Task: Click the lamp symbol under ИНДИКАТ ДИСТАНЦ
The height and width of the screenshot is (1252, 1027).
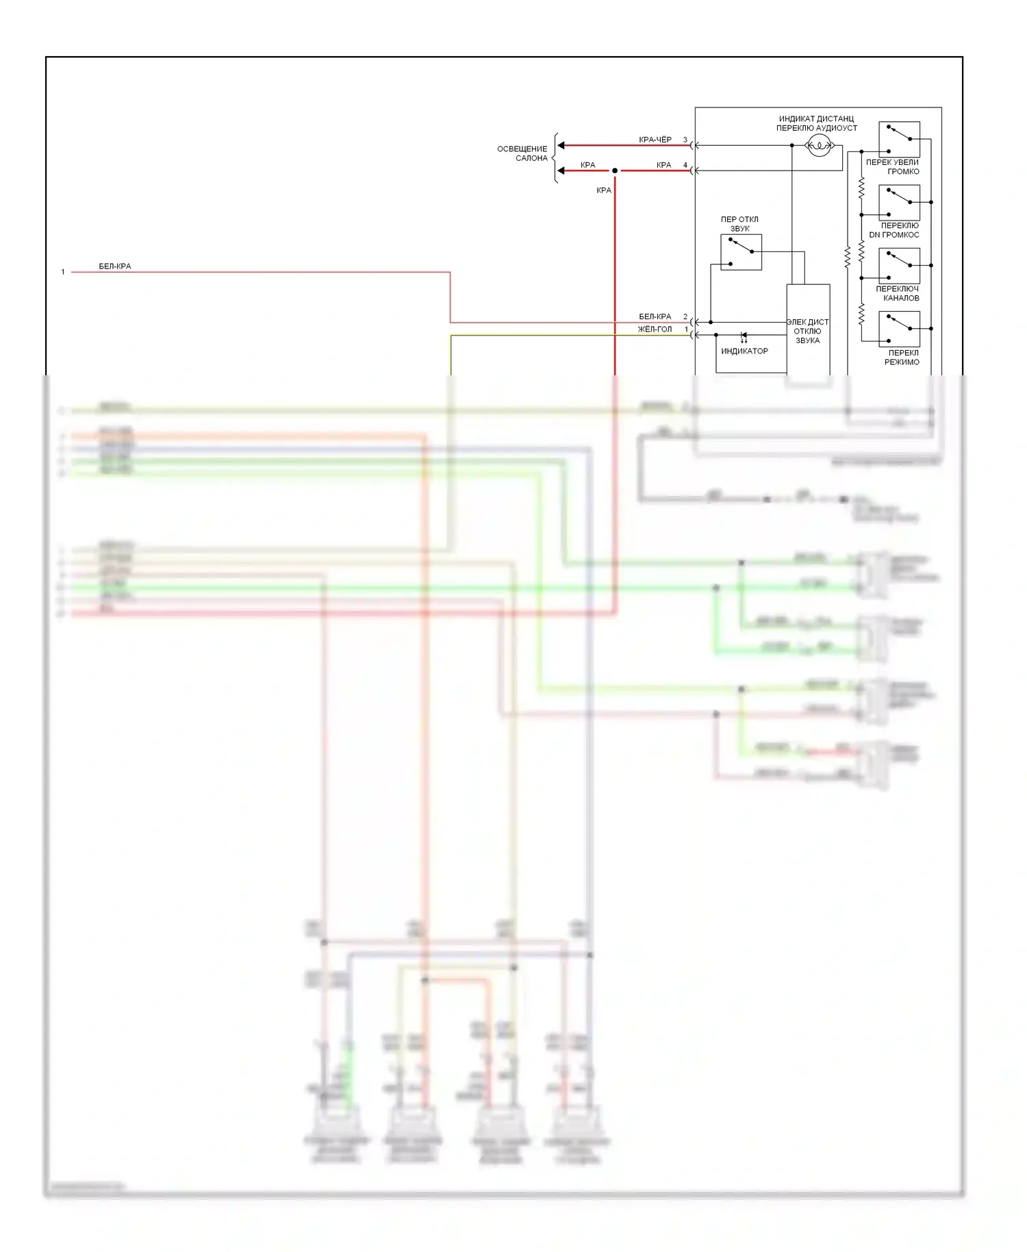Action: [819, 145]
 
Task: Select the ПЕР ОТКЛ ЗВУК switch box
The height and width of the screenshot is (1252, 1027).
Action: [741, 252]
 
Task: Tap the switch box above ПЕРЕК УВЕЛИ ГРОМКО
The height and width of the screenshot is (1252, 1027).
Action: [899, 139]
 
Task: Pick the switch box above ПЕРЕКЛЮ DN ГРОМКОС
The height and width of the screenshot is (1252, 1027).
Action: [899, 203]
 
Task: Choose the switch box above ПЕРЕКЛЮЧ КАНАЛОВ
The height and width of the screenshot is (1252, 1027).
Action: [899, 266]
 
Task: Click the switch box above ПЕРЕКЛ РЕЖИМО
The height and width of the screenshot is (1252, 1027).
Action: [899, 329]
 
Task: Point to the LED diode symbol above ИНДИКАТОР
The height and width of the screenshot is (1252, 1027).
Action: [744, 336]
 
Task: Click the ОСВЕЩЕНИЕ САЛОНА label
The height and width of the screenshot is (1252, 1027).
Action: [522, 153]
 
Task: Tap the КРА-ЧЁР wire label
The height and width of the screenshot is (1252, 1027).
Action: [655, 140]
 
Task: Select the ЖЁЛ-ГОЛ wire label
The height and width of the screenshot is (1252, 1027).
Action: [655, 329]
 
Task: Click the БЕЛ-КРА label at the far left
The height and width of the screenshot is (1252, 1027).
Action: [114, 266]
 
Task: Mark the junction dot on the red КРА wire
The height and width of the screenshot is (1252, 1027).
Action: [615, 171]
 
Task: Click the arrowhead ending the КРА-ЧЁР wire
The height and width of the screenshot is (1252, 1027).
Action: [561, 145]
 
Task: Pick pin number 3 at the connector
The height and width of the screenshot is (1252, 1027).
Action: [685, 140]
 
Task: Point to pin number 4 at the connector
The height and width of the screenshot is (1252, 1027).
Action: [685, 165]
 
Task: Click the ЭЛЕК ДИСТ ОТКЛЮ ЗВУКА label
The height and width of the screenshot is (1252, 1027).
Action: [807, 331]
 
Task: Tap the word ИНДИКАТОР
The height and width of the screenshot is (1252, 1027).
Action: [744, 351]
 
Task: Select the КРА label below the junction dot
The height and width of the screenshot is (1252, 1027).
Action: [603, 190]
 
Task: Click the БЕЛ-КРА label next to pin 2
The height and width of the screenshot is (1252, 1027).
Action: [655, 316]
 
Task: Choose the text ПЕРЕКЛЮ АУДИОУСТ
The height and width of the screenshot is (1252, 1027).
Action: [816, 128]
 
